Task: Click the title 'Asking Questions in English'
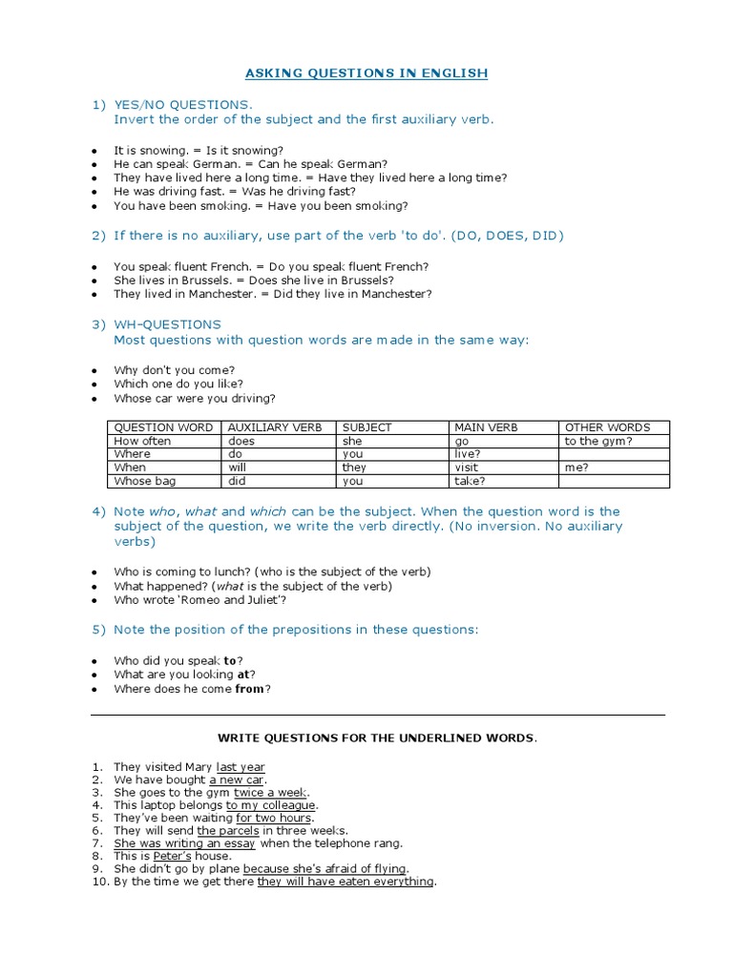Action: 366,73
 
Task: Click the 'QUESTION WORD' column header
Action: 163,427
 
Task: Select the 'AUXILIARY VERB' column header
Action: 275,427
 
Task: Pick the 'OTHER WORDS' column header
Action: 607,427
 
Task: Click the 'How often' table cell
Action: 142,441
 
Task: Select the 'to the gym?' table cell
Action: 598,441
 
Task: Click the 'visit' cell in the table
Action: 467,468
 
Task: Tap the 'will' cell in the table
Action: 238,468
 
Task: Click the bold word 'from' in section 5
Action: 249,689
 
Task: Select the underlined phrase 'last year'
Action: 241,767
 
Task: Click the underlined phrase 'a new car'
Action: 236,780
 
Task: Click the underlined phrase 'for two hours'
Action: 274,818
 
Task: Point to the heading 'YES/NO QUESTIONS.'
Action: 183,104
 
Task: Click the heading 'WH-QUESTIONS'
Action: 167,324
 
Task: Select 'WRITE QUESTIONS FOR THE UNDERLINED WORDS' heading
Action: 377,738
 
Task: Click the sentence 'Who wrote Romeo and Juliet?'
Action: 199,600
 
